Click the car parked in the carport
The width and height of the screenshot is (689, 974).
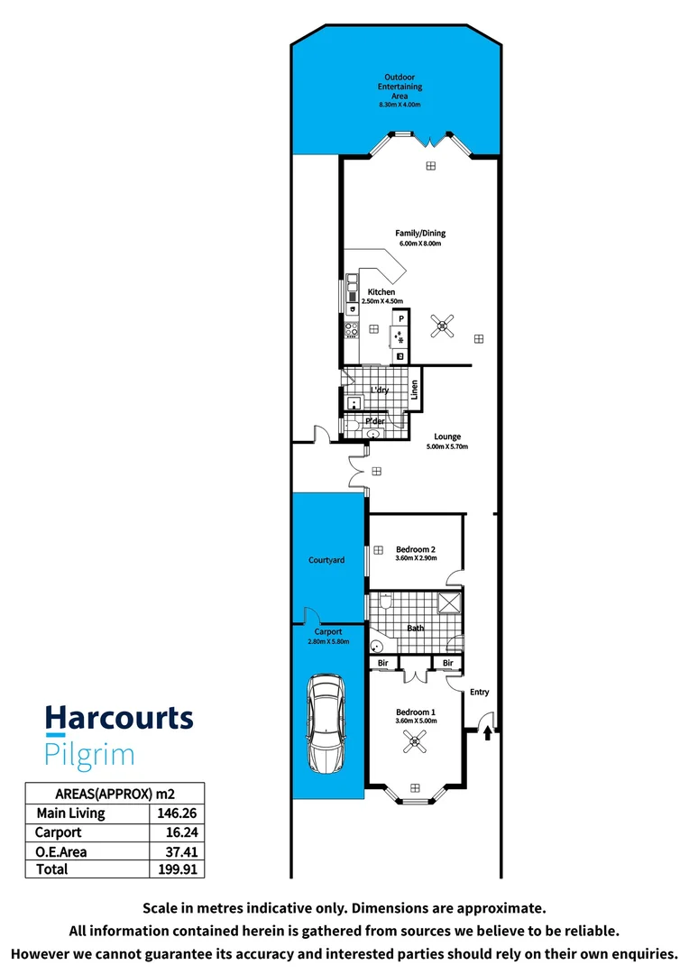[326, 723]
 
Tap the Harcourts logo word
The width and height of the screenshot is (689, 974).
[119, 718]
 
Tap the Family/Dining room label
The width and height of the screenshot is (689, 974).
[420, 234]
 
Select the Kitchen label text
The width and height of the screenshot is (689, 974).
[381, 292]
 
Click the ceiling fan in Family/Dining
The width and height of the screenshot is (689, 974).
[442, 326]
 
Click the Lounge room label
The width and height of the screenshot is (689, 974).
[447, 436]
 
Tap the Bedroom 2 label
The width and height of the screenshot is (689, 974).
[416, 549]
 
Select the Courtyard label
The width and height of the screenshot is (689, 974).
[326, 560]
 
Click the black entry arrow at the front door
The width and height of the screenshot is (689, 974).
[488, 731]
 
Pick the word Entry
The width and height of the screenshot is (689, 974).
[479, 692]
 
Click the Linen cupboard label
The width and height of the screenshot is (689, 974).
[415, 391]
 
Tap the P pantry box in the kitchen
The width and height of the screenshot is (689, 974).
[401, 318]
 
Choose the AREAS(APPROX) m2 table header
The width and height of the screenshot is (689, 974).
[115, 794]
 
